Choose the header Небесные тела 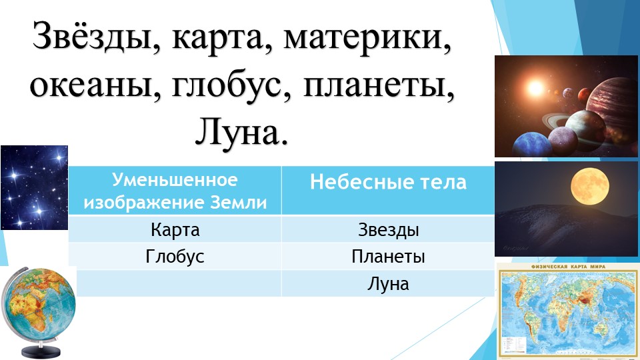388,183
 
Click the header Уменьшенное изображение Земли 175,191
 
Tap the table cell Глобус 175,257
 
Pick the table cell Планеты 388,257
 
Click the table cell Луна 388,284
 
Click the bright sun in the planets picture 533,87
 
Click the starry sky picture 33,187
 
